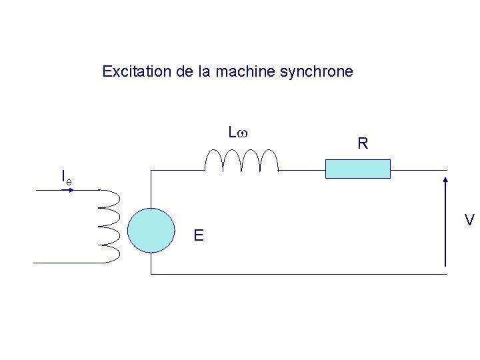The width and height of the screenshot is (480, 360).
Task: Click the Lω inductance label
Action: point(238,133)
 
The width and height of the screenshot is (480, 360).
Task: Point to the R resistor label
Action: point(363,143)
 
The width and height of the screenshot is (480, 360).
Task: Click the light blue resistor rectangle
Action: point(357,169)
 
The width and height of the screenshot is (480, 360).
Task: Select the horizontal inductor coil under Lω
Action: point(241,161)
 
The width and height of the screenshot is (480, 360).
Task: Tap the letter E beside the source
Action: point(199,235)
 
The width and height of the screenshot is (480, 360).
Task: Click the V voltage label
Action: point(469,220)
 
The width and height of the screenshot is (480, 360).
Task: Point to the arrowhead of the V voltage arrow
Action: point(445,179)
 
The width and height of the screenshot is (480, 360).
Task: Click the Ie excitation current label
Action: point(66,177)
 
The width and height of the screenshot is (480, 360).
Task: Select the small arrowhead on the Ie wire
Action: point(71,190)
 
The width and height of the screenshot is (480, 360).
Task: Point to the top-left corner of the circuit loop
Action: point(151,171)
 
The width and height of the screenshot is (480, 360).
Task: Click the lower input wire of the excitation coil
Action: point(67,263)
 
